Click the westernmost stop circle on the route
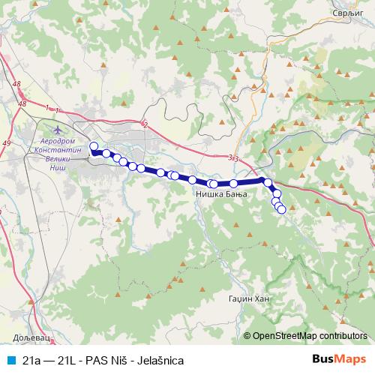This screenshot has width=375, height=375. [94, 146]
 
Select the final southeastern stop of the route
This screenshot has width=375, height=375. [282, 210]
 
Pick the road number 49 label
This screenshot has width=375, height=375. [7, 142]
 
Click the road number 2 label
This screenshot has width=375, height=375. [145, 124]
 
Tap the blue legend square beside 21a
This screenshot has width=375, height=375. [8, 360]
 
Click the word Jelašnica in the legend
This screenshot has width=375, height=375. [158, 360]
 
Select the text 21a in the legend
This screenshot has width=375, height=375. [31, 360]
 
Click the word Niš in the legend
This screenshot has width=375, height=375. [116, 360]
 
